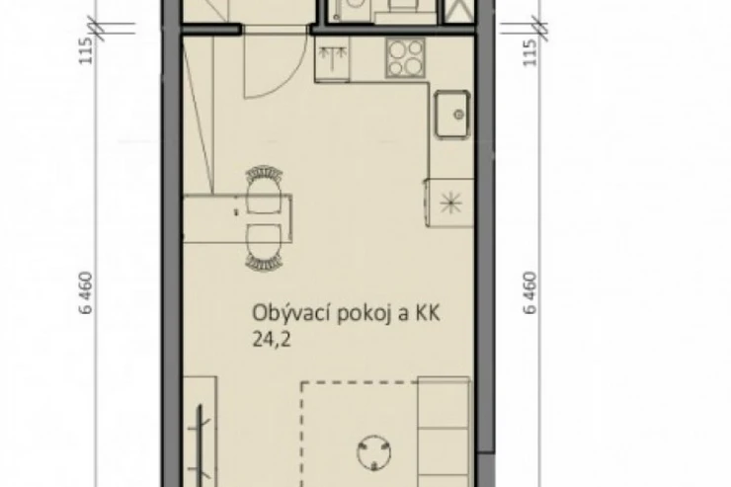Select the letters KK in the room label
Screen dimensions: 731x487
tap(425, 314)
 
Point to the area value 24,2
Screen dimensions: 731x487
tap(272, 340)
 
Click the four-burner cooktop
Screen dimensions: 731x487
tap(405, 57)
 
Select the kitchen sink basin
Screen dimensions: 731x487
tap(452, 115)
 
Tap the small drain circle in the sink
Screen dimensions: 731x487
tap(459, 115)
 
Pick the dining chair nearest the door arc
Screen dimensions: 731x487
tap(265, 189)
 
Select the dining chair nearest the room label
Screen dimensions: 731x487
tap(265, 247)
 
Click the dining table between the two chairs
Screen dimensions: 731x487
tap(237, 218)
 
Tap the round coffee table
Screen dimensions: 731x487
tap(373, 452)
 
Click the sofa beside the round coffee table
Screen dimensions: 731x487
tap(445, 432)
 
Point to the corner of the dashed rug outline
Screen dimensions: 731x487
tap(302, 382)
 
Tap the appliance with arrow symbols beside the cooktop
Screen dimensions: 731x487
tap(332, 58)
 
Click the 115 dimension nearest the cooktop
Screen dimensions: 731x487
tap(530, 52)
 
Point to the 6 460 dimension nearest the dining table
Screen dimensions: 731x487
tap(87, 293)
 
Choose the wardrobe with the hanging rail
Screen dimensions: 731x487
tap(200, 432)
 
